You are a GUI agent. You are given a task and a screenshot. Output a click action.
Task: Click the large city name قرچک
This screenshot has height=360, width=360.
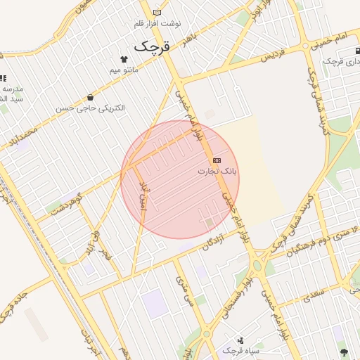(153, 46)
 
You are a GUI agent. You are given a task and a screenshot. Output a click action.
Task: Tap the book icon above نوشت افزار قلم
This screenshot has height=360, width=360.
(157, 12)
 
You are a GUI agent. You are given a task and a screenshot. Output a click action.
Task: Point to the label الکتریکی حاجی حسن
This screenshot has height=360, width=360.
(91, 108)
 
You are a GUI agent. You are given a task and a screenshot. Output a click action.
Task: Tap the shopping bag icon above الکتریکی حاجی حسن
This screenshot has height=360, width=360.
(90, 97)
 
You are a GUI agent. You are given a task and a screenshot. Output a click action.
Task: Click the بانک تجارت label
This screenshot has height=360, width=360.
(217, 171)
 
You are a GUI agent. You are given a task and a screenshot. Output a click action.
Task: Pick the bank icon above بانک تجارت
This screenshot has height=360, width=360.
(217, 161)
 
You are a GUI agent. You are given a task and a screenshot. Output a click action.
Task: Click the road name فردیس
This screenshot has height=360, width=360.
(276, 55)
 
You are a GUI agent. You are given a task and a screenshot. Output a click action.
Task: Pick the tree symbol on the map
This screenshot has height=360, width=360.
(343, 352)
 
